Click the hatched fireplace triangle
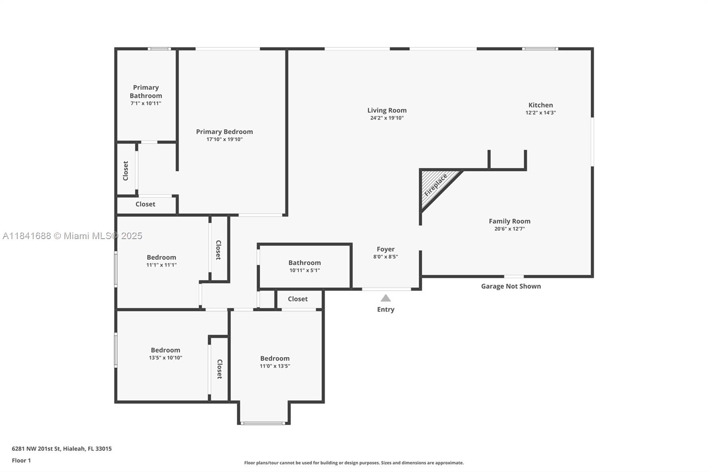[435, 186]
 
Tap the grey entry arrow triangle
[385, 298]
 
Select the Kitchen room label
[540, 105]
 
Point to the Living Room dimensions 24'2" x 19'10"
[387, 118]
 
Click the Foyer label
[385, 249]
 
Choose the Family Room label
[509, 221]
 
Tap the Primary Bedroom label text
[224, 132]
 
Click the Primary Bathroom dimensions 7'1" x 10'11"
[146, 104]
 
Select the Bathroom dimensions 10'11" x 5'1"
[305, 271]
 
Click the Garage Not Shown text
[511, 286]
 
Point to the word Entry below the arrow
[385, 310]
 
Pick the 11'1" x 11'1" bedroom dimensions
[161, 265]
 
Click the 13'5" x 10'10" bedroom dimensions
[165, 358]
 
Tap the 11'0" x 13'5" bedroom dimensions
[275, 366]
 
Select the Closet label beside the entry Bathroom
[297, 299]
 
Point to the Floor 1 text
[21, 460]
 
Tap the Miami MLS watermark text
[73, 236]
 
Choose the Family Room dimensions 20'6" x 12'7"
[509, 229]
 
